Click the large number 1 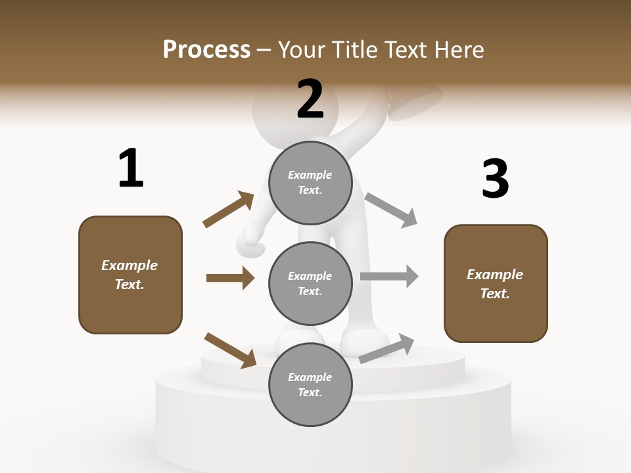tap(131, 168)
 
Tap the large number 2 tap(310, 99)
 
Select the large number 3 tap(495, 179)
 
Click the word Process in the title tap(206, 49)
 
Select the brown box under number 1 tap(130, 275)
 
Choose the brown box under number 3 tap(496, 283)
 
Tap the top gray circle tap(310, 183)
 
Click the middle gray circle tap(310, 283)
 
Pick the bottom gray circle tap(310, 384)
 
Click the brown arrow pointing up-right tap(229, 210)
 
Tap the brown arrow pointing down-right tap(230, 350)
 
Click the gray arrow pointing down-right tap(391, 210)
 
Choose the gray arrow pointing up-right tap(386, 349)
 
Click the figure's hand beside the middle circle tap(252, 242)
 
